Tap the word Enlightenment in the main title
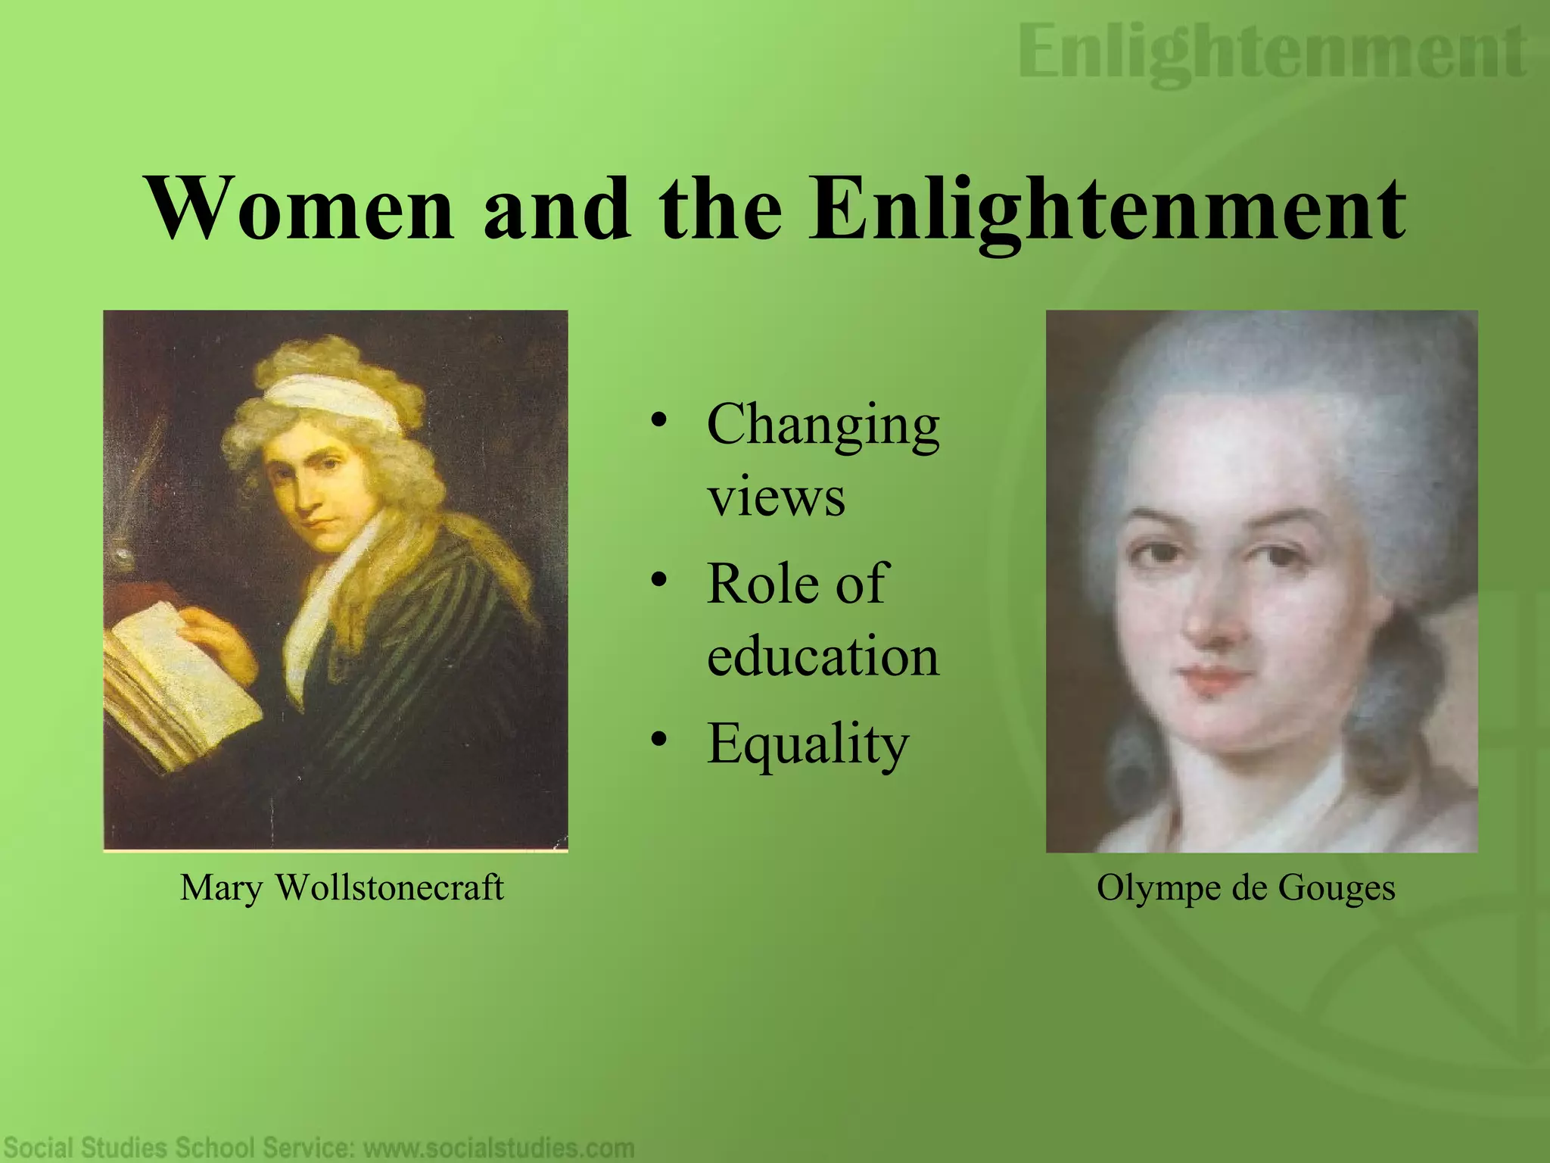pyautogui.click(x=1106, y=209)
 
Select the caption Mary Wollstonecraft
pyautogui.click(x=341, y=887)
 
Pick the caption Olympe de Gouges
pyautogui.click(x=1246, y=887)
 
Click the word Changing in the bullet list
pyautogui.click(x=823, y=426)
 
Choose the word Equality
pyautogui.click(x=808, y=744)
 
